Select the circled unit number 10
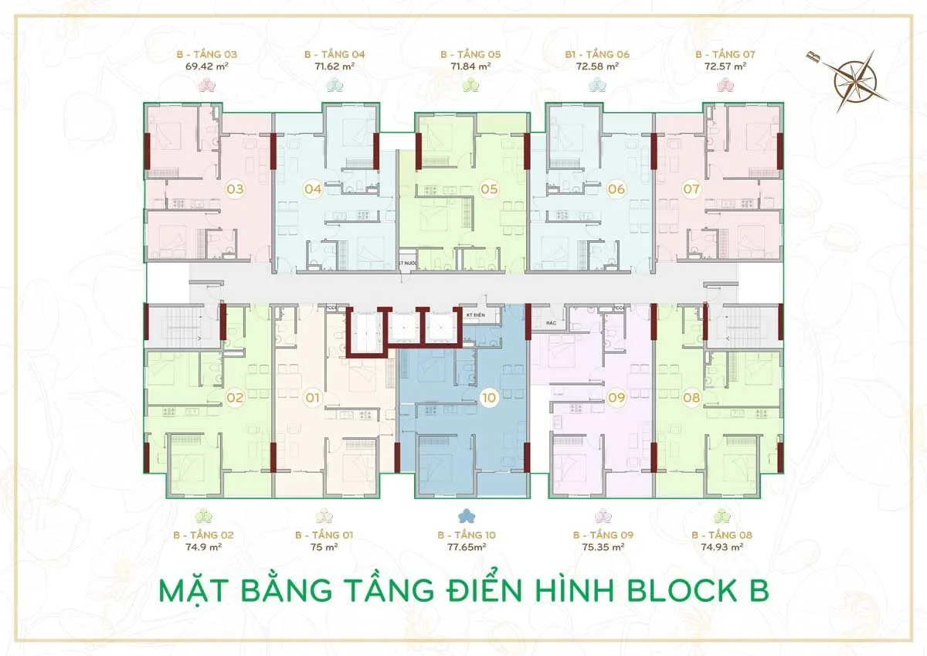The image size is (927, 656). [487, 399]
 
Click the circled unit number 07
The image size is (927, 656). [691, 189]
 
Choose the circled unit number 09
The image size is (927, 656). [616, 399]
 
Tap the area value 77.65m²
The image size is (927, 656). [466, 547]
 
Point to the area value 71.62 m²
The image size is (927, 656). [334, 67]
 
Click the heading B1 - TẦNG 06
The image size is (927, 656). [597, 54]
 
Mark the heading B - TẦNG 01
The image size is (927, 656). [324, 535]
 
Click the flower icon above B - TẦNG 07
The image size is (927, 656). [725, 85]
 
